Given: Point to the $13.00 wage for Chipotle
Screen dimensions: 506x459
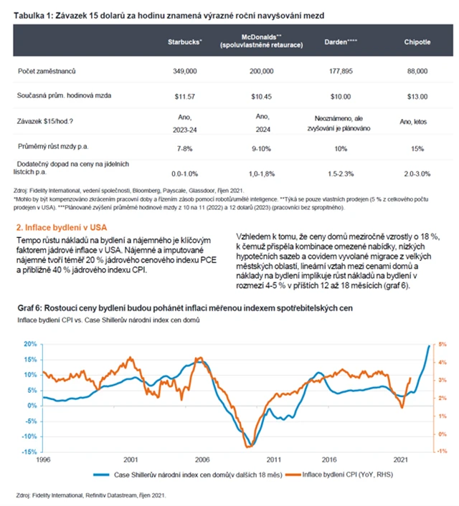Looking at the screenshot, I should [416, 95].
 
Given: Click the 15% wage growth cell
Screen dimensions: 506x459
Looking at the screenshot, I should [416, 146].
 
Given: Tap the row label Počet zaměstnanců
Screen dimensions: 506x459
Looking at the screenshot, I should [46, 72].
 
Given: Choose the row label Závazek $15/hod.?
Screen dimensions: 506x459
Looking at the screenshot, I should [49, 120].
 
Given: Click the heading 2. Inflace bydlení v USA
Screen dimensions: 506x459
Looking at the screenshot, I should [62, 227].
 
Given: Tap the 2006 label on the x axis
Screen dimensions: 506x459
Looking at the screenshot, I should [202, 459].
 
